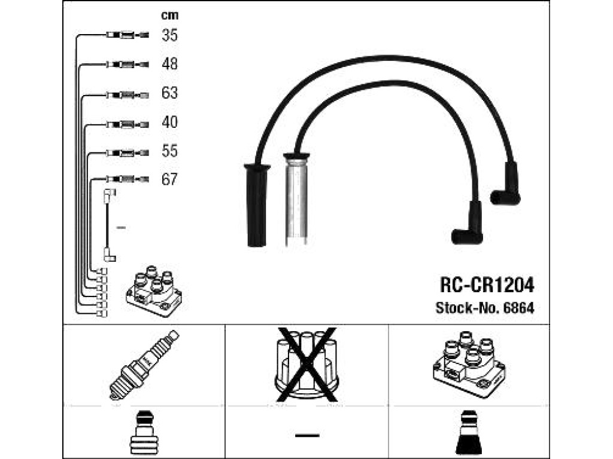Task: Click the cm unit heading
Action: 169,15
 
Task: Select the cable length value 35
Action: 169,35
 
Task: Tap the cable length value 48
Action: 169,64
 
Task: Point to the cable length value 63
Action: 169,93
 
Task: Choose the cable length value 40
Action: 169,122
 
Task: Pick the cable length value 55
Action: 169,151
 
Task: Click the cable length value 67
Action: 169,179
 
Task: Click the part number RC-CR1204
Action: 487,285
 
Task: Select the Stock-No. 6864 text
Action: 485,308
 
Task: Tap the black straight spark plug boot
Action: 257,205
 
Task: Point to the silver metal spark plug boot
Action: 296,199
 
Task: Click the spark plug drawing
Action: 144,365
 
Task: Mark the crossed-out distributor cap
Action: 307,365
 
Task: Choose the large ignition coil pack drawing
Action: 469,364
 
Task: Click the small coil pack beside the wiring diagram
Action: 154,291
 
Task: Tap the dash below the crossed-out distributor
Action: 307,435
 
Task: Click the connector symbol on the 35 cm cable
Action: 128,35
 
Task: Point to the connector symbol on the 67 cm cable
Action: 128,179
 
